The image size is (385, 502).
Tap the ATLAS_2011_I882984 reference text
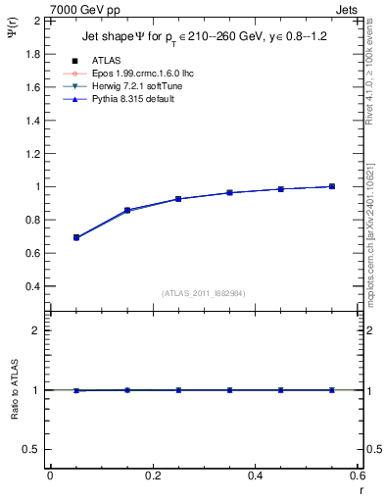click(203, 293)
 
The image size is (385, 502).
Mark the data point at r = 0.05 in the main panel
click(76, 237)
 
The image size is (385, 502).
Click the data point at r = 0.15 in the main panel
click(127, 210)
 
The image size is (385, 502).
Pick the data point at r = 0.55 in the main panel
click(332, 186)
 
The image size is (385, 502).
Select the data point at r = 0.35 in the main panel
click(230, 192)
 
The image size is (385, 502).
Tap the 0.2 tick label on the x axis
click(153, 476)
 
